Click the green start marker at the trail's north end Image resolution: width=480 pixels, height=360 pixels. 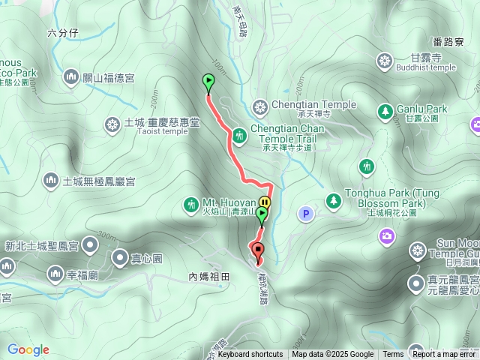tap(208, 82)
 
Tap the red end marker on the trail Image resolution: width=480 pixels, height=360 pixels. tap(259, 251)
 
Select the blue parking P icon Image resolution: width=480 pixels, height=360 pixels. tap(305, 214)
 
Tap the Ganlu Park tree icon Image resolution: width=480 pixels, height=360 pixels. tap(385, 111)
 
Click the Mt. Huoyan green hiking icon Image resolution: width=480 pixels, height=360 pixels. tap(191, 203)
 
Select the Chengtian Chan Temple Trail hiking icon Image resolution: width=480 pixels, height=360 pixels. tap(238, 135)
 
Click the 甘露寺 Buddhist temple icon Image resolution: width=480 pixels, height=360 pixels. tap(385, 60)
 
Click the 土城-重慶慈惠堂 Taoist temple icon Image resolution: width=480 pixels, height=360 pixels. tap(112, 123)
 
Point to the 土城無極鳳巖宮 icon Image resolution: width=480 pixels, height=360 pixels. tap(51, 180)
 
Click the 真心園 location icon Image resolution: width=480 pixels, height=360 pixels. tap(120, 259)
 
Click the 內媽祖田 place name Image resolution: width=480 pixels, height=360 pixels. tap(208, 277)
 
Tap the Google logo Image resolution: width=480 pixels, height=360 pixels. tap(28, 349)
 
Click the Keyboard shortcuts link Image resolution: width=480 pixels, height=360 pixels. tap(250, 355)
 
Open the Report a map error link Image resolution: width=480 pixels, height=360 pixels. tap(444, 355)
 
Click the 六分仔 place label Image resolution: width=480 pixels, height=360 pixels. tap(62, 32)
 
